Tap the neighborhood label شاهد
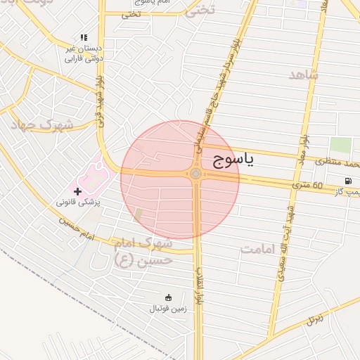click(304, 75)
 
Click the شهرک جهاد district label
click(41, 124)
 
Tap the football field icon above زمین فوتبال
click(167, 297)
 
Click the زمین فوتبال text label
click(167, 309)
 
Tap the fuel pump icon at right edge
click(349, 181)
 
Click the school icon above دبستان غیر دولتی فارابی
click(84, 37)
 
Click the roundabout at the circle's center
click(195, 174)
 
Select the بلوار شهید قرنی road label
click(101, 106)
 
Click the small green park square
click(340, 146)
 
